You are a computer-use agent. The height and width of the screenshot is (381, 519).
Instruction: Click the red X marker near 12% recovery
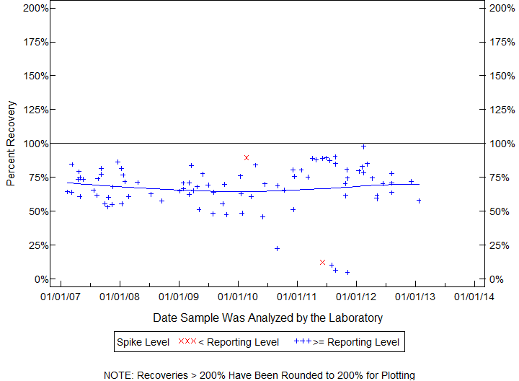click(322, 262)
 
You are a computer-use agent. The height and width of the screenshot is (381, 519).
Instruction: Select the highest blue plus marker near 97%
click(364, 146)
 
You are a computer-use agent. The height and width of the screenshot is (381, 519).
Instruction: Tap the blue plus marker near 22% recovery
click(277, 248)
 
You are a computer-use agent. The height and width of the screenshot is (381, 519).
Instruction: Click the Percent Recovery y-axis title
click(11, 144)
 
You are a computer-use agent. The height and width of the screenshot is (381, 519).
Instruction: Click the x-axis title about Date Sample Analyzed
click(267, 317)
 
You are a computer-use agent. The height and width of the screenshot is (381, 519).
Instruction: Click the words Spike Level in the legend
click(143, 342)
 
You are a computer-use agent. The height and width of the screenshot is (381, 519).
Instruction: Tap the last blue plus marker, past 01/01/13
click(419, 201)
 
